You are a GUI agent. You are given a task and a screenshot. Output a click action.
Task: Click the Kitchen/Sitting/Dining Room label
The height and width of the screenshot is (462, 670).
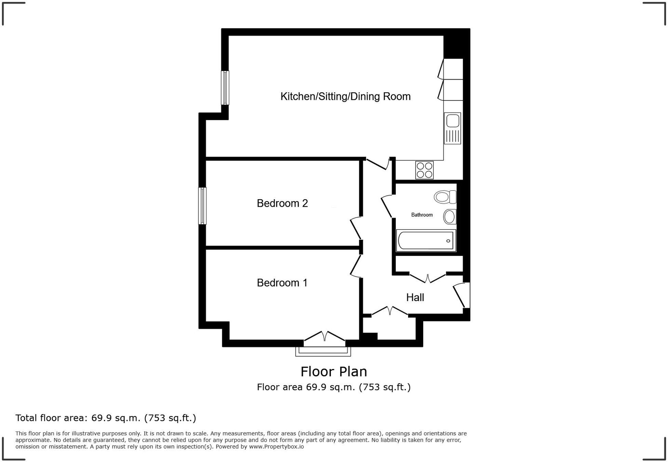coord(345,96)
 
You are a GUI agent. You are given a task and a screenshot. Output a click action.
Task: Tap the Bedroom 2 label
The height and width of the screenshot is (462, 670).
coord(282,203)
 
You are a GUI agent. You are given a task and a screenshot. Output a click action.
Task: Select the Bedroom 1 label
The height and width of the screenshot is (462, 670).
coord(282,283)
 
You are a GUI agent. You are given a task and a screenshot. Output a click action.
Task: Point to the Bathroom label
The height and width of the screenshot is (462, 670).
coord(422,215)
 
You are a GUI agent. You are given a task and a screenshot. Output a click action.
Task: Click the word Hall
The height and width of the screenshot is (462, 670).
coord(415,297)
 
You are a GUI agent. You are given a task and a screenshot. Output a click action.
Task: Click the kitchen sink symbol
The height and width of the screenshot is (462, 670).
coord(452,128)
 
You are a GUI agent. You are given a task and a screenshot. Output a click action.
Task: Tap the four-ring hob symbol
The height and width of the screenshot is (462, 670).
coord(424,170)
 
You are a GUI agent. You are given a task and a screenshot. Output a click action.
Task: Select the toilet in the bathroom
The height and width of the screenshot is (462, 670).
coord(445,197)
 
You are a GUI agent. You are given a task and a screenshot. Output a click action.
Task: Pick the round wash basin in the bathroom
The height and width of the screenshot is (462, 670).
coord(450,217)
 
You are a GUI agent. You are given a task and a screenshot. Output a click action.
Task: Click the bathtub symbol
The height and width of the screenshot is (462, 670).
coord(426,240)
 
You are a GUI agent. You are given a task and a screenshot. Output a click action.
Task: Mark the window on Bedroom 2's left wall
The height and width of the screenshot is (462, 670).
coord(202,206)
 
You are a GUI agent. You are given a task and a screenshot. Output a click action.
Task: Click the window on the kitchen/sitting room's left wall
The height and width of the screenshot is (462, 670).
coord(225,87)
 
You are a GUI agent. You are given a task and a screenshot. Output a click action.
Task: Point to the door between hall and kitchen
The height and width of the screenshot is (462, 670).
coord(377,164)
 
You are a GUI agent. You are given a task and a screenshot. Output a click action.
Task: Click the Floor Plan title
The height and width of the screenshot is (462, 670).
coord(334,372)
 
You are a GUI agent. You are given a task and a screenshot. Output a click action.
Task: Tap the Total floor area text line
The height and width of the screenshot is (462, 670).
coord(106,418)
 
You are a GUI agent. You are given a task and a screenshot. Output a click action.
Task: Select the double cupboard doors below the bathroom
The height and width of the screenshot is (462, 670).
coord(428,278)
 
